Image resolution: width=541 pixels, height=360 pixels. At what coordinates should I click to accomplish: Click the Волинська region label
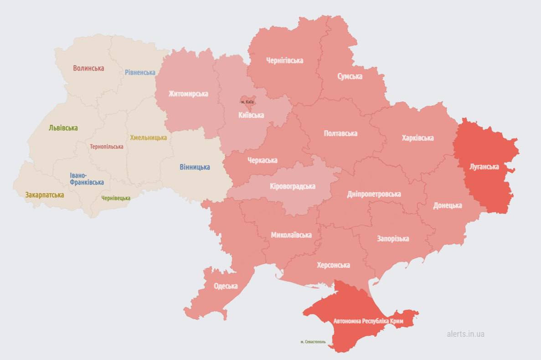(x=88, y=68)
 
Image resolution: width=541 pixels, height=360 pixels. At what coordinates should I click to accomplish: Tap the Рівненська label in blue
(x=140, y=72)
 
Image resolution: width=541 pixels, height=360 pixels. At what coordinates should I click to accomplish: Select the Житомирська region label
(x=188, y=94)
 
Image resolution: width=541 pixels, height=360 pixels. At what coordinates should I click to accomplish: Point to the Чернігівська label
(x=285, y=61)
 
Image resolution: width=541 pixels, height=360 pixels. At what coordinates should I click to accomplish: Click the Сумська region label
(x=350, y=76)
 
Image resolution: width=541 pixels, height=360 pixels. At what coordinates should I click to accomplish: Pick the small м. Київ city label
(x=247, y=102)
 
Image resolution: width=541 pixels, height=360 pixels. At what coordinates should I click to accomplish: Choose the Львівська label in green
(x=63, y=128)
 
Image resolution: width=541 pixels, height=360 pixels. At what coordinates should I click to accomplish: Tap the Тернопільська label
(x=107, y=147)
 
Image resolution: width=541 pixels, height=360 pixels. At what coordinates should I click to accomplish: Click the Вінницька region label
(x=195, y=167)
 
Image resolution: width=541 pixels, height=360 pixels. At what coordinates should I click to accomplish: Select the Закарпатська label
(x=45, y=195)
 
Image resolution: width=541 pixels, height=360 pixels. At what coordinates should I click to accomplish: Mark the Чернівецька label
(x=116, y=198)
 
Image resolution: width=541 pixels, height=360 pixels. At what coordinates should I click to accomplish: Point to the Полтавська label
(x=340, y=134)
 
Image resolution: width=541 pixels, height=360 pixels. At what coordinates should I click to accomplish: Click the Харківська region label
(x=417, y=138)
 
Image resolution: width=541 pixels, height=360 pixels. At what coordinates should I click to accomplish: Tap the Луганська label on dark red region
(x=484, y=167)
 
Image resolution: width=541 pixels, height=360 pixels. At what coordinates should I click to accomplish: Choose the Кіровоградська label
(x=293, y=186)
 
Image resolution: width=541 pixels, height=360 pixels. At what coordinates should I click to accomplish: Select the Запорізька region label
(x=393, y=239)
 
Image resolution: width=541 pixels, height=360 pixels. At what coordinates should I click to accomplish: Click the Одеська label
(x=226, y=286)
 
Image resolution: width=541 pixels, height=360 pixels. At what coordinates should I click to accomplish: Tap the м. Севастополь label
(x=313, y=341)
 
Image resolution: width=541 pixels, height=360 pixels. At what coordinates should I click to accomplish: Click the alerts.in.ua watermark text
(x=465, y=334)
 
